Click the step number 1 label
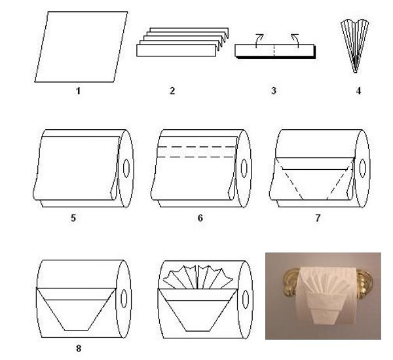click(x=78, y=90)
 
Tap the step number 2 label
click(x=172, y=90)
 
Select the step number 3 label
click(x=274, y=90)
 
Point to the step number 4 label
click(x=359, y=90)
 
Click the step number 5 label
click(x=73, y=218)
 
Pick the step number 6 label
click(x=200, y=218)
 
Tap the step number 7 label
click(x=318, y=218)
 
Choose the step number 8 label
click(x=79, y=348)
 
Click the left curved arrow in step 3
click(x=258, y=40)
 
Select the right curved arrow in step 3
click(x=296, y=40)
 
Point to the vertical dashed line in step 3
click(x=274, y=51)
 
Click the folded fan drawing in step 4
click(x=354, y=47)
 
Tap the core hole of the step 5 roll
click(x=126, y=168)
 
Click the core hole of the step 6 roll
click(x=244, y=168)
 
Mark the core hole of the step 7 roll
click(x=362, y=168)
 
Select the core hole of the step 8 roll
click(x=124, y=298)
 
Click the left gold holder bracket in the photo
click(x=291, y=283)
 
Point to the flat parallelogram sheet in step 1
click(x=81, y=47)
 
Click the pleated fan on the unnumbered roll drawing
click(x=198, y=277)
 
